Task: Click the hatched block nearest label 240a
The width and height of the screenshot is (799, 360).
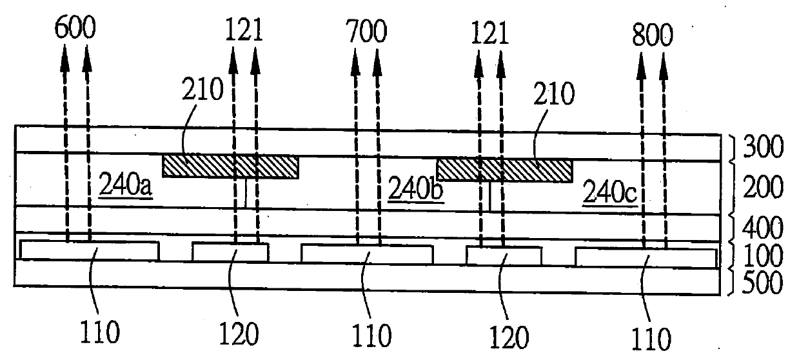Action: [230, 166]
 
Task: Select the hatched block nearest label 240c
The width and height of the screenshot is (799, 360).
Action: [505, 170]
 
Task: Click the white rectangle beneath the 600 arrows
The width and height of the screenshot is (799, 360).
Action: [90, 251]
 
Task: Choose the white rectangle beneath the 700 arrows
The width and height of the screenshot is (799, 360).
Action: [367, 253]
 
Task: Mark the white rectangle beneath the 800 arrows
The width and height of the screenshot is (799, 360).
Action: [646, 257]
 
